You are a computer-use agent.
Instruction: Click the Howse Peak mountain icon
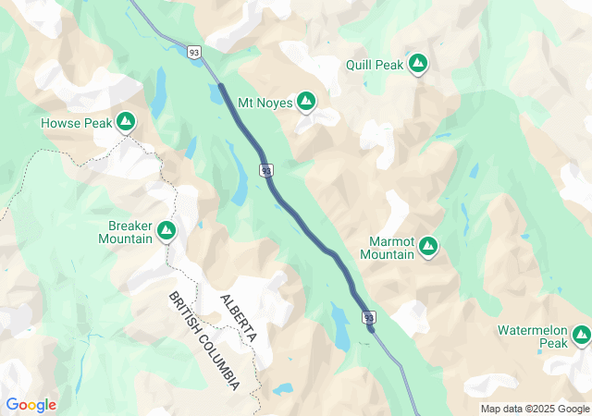coord(127,121)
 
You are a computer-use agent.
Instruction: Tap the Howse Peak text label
coord(76,122)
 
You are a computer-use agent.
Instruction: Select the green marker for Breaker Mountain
coord(166,230)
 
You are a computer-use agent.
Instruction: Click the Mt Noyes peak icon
coord(306,102)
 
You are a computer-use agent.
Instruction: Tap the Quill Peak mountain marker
coord(418,63)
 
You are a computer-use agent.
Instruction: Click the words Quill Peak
coord(374,64)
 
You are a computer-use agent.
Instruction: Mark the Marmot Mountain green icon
coord(427,246)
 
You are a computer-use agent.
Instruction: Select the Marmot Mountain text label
coord(387,247)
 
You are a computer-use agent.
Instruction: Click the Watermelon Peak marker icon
coord(581,335)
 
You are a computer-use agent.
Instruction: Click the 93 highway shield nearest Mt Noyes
coord(266,171)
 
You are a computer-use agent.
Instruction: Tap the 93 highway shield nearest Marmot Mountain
coord(369,316)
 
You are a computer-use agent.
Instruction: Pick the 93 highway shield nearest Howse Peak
coord(193,53)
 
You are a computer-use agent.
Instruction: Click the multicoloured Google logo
coord(31,405)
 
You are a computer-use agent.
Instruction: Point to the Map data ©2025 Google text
coord(535,409)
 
